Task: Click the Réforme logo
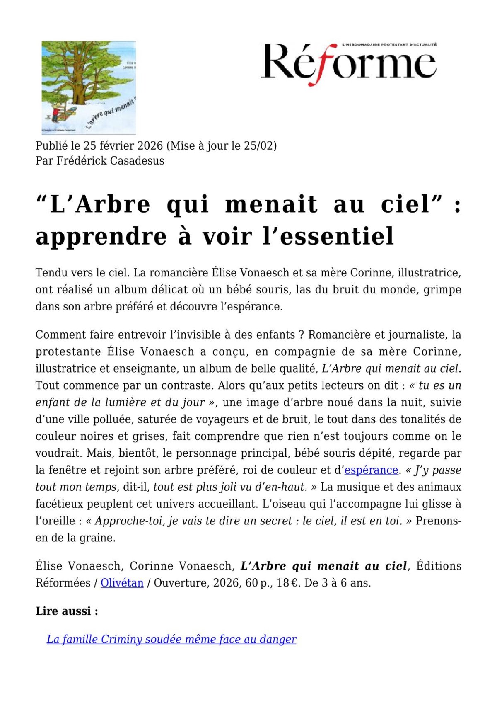pos(348,63)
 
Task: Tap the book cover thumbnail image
pos(89,87)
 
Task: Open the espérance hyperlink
pos(371,470)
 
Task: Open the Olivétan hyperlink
pos(122,583)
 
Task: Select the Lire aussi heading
pos(67,611)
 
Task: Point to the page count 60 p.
pos(258,583)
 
